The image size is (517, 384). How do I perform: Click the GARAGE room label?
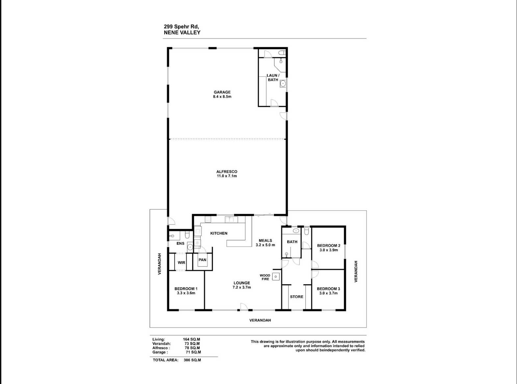(222, 92)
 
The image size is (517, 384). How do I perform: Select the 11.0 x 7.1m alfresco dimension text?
(227, 176)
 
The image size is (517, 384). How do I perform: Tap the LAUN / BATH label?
(273, 78)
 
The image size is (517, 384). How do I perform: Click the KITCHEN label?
(219, 233)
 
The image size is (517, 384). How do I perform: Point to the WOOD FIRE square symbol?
(276, 277)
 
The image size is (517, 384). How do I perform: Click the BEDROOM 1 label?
(186, 289)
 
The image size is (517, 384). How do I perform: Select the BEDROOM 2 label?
(328, 245)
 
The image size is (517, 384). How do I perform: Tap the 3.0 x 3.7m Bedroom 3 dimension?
(328, 293)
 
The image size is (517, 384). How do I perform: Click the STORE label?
(297, 297)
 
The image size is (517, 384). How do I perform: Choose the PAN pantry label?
(202, 260)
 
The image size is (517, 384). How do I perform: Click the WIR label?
(181, 263)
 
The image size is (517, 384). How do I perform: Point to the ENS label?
(180, 243)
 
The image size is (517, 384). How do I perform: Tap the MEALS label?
(265, 241)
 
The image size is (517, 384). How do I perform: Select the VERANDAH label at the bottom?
(260, 320)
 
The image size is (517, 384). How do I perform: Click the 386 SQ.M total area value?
(192, 360)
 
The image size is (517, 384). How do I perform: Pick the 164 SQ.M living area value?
(192, 339)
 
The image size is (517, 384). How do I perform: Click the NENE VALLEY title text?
(182, 33)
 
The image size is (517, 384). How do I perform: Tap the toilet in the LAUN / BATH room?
(282, 53)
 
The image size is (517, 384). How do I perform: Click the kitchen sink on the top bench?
(231, 219)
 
